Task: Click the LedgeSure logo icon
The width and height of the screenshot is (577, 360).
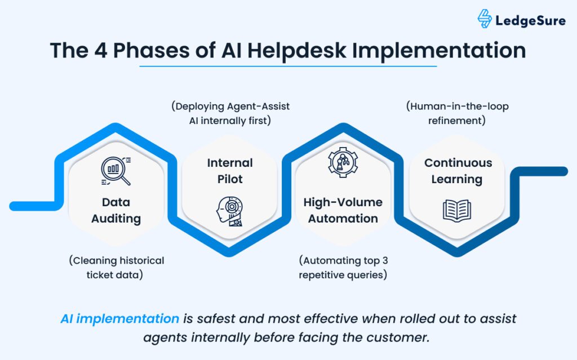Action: click(x=484, y=19)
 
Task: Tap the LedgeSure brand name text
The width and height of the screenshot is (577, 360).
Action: click(x=530, y=21)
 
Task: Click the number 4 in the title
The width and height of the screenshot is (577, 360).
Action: click(x=100, y=51)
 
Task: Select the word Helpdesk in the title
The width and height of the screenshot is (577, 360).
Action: click(x=296, y=51)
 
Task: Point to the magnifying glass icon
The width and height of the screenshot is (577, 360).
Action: click(x=116, y=171)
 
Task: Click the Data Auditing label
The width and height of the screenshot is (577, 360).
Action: click(x=116, y=210)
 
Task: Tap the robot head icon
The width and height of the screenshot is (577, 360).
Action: click(x=230, y=211)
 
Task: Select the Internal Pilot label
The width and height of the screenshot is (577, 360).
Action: click(x=230, y=171)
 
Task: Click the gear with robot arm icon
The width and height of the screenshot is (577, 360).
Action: click(x=343, y=162)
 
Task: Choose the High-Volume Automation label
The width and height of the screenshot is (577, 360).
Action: click(x=343, y=210)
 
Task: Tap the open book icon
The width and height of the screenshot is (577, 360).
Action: click(x=456, y=211)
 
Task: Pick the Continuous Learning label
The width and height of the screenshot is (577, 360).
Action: click(x=458, y=171)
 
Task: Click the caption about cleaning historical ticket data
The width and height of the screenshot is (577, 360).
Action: click(x=116, y=268)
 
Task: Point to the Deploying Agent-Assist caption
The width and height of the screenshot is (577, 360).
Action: click(x=230, y=113)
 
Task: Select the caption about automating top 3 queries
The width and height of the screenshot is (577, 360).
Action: click(x=343, y=268)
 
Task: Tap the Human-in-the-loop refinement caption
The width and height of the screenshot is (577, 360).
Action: click(x=457, y=113)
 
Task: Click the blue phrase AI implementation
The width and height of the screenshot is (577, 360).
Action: click(x=119, y=319)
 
